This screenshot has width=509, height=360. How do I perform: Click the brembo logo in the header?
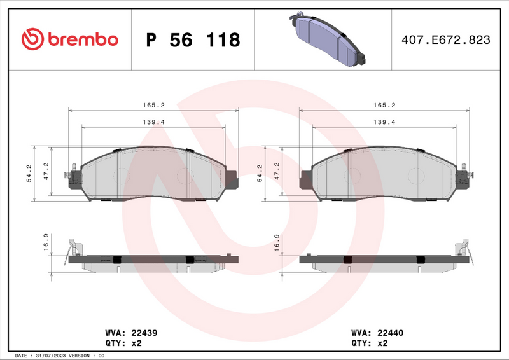70,39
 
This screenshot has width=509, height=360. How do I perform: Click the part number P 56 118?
193,40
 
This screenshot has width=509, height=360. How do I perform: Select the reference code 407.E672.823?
445,40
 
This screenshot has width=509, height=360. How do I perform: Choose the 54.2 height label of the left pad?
29,173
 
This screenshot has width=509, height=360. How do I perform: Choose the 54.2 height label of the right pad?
260,173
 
